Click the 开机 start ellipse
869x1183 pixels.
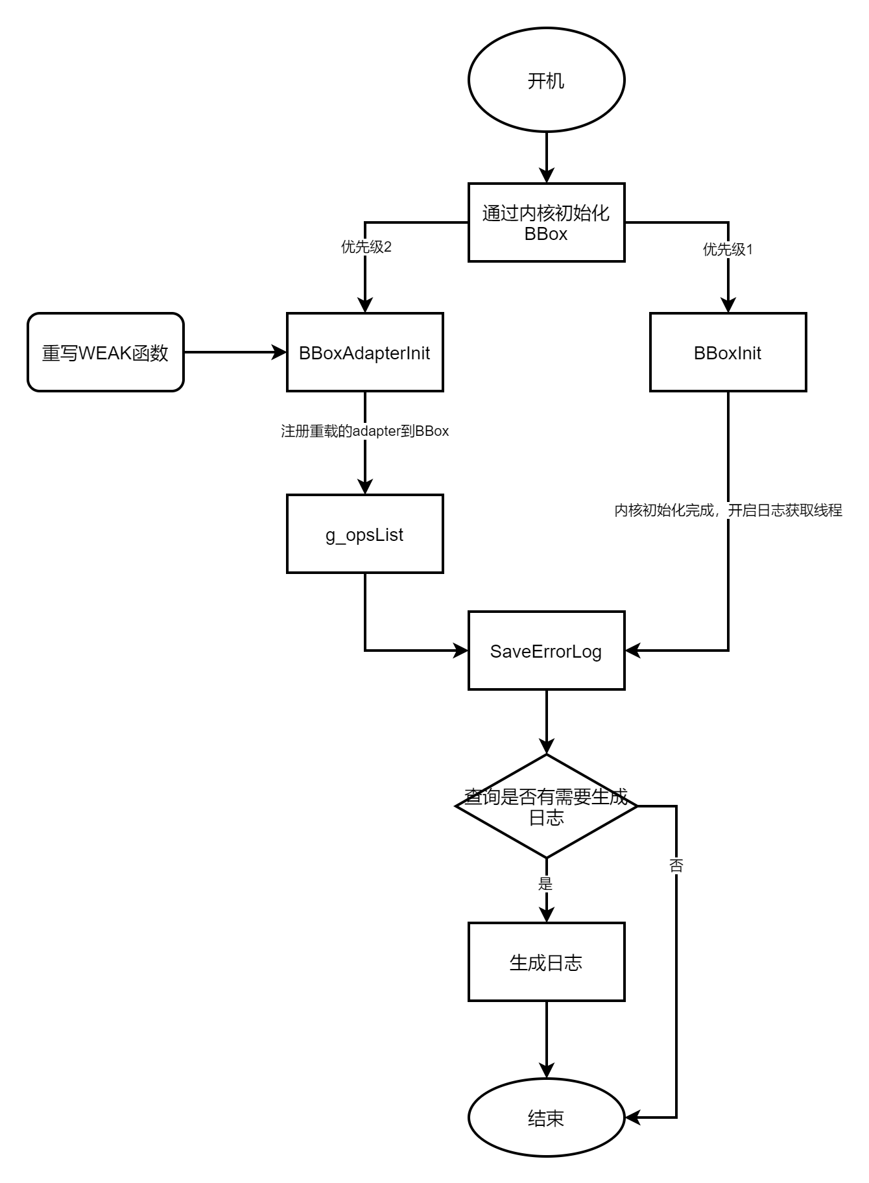546,80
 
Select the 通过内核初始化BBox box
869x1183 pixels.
546,222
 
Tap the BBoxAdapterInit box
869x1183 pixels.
364,352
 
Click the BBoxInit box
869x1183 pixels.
728,352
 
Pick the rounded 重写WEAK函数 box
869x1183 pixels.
105,352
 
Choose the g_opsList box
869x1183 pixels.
364,534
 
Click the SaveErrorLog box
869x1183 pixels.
546,651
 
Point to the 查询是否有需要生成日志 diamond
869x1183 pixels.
546,806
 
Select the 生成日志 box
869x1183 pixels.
546,962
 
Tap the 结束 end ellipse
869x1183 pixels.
546,1117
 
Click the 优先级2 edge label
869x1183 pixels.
366,247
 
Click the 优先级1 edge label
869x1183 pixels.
728,249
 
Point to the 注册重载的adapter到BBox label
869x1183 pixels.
365,431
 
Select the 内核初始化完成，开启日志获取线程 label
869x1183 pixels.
728,510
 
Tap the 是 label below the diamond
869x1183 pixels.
545,883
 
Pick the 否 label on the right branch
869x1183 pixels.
676,865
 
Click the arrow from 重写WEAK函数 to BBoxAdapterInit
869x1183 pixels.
235,352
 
